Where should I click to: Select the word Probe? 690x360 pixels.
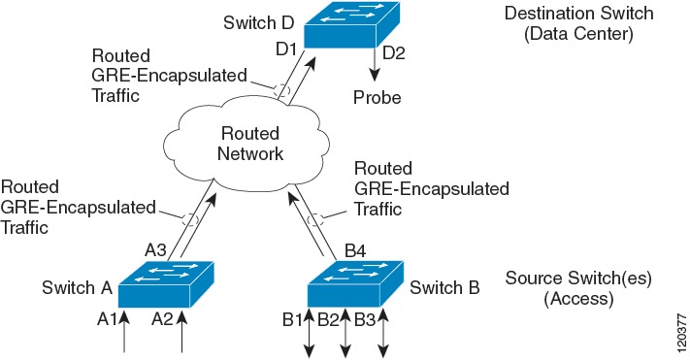pos(377,98)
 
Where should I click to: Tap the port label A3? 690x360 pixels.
pos(157,250)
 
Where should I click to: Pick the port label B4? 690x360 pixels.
pos(356,251)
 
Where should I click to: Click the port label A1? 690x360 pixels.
pos(107,317)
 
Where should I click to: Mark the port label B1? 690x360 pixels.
pos(293,317)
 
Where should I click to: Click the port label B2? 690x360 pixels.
pos(330,317)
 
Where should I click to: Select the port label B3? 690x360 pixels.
pos(366,317)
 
